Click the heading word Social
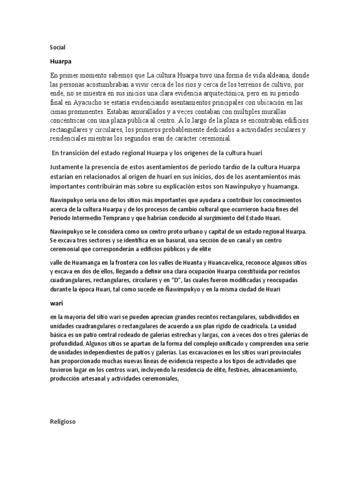(58, 47)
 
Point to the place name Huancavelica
(231, 262)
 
